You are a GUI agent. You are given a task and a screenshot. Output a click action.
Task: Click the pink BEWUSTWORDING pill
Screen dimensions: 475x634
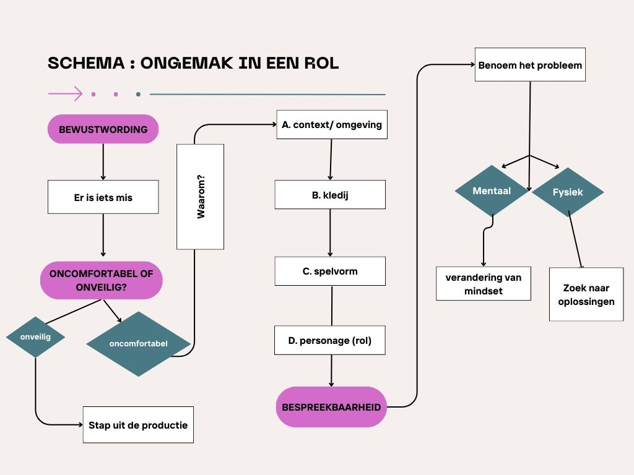point(103,129)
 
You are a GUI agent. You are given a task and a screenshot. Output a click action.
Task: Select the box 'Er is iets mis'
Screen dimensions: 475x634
point(103,197)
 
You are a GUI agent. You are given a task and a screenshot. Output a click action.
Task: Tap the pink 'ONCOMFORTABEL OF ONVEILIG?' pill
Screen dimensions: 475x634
point(101,280)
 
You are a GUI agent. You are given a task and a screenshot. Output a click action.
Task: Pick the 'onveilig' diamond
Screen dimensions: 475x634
point(35,336)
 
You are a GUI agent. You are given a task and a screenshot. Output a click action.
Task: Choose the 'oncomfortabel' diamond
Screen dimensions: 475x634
point(137,343)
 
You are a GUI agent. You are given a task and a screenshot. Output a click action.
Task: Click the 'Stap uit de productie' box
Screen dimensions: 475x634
point(138,424)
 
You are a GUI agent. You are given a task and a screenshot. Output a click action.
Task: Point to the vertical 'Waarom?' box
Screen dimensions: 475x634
point(200,197)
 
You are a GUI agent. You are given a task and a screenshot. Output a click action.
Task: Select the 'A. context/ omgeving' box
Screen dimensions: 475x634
point(332,124)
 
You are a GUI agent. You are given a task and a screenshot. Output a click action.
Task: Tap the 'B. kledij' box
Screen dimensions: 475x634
point(330,194)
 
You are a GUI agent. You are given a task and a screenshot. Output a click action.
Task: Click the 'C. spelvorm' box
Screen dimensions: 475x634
point(330,271)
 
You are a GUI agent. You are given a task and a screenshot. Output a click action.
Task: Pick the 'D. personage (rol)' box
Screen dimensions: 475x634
point(330,340)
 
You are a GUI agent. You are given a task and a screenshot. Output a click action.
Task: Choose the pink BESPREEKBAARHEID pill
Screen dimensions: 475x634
point(331,407)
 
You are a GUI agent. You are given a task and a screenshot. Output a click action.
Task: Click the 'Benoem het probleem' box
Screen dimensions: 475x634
point(530,65)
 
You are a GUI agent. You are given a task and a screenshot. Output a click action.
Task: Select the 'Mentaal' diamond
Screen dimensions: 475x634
point(492,191)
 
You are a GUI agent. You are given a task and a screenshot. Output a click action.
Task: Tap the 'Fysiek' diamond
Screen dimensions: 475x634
point(568,192)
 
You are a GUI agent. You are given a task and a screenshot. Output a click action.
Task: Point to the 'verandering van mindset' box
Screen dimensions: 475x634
point(483,283)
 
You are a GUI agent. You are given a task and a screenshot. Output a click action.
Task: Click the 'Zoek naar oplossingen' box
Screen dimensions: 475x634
point(586,294)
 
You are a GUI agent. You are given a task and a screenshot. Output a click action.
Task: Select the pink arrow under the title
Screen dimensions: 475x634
point(65,94)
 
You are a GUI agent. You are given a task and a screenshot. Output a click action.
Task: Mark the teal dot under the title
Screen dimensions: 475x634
point(138,95)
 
